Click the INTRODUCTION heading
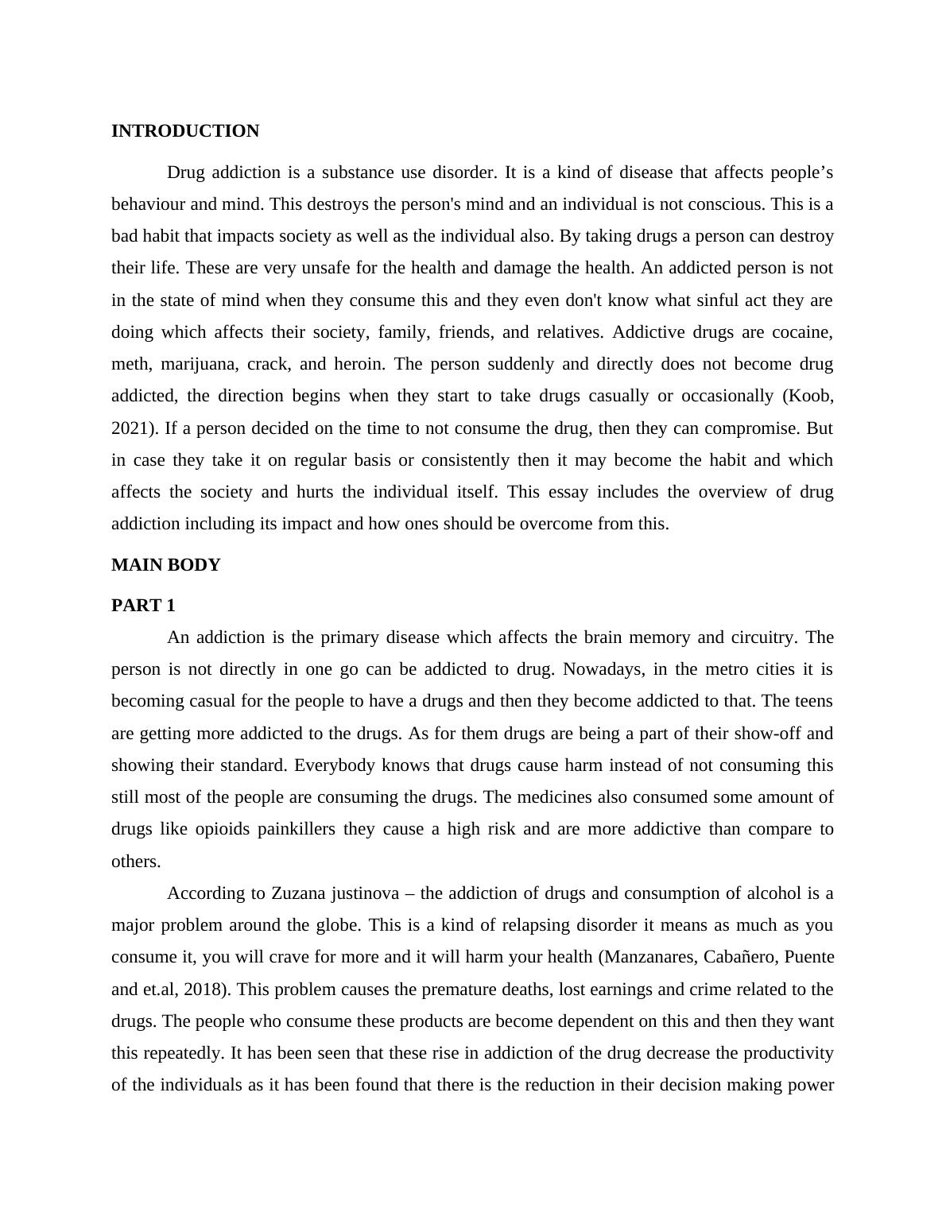[184, 131]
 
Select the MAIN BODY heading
[165, 565]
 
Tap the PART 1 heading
[143, 606]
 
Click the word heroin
[359, 364]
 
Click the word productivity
[788, 1053]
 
